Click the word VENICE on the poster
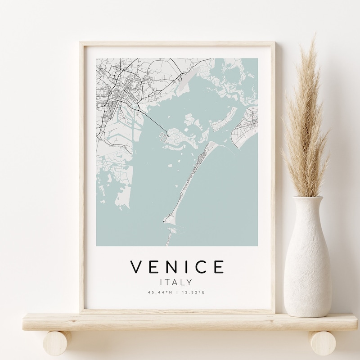coord(177,267)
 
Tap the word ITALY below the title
coord(177,283)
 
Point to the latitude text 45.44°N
coord(160,293)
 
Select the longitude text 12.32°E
coord(193,293)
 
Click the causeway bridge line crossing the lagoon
coord(153,121)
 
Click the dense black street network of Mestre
coord(119,90)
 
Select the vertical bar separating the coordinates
coord(177,293)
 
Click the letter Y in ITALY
coord(189,283)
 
